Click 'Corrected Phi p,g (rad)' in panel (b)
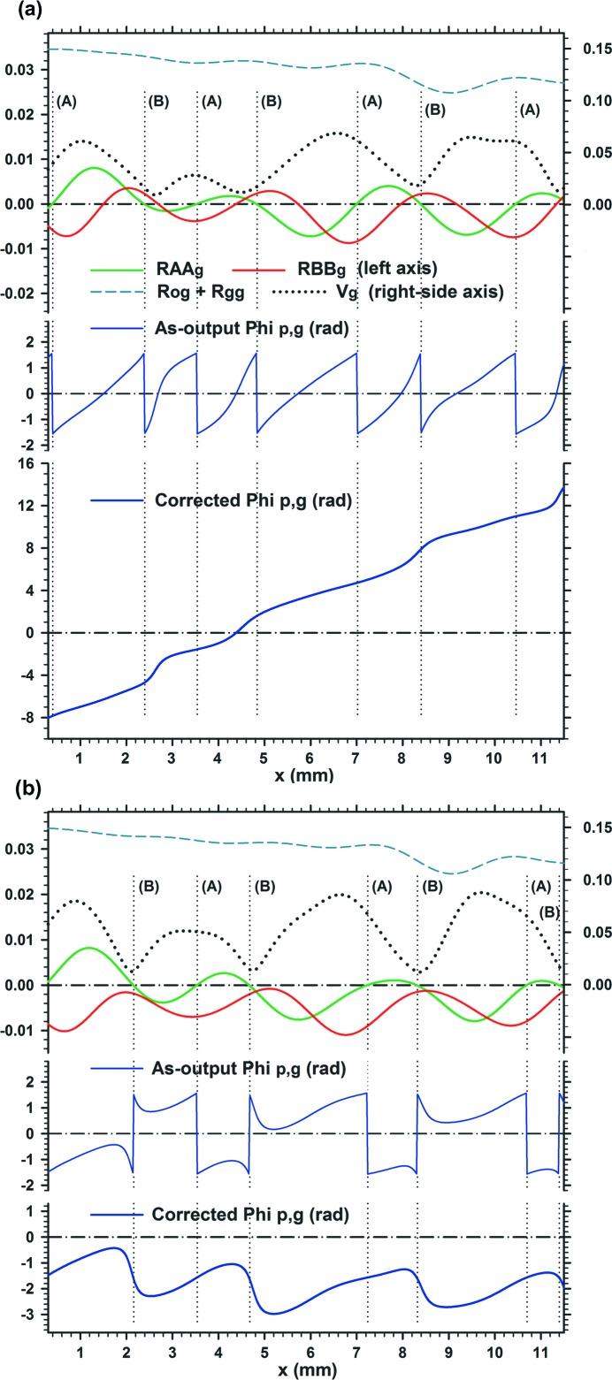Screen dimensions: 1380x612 tap(252, 1215)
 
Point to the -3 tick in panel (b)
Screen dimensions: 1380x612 tap(30, 1315)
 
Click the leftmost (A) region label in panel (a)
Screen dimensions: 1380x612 tap(66, 102)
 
